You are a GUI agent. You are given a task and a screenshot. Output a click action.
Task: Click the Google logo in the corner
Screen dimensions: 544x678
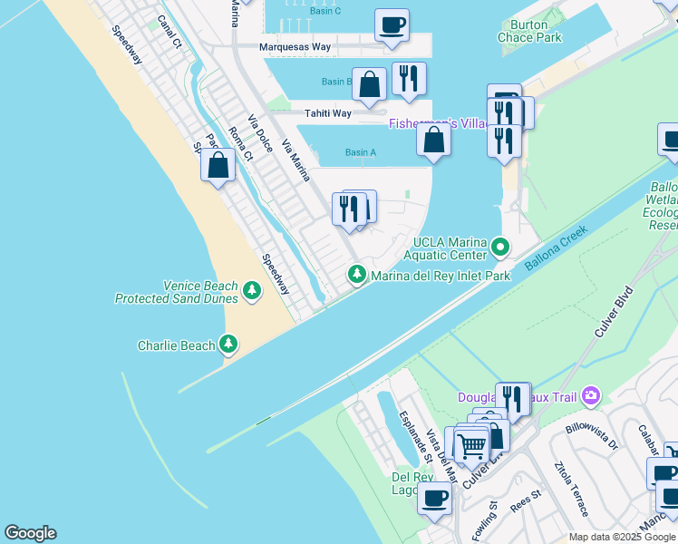pyautogui.click(x=30, y=533)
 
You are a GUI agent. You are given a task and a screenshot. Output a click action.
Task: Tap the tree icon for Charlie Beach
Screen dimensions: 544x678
pyautogui.click(x=229, y=345)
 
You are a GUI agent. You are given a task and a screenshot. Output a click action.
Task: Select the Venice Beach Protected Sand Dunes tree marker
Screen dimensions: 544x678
pyautogui.click(x=251, y=291)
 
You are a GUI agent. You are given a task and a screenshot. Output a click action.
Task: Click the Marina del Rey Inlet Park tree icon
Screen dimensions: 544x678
pyautogui.click(x=358, y=275)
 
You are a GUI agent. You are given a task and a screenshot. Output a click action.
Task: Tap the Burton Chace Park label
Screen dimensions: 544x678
pyautogui.click(x=529, y=31)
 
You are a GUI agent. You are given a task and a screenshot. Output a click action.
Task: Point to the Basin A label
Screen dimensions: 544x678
pyautogui.click(x=360, y=152)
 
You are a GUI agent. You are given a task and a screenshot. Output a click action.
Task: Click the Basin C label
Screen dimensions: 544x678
pyautogui.click(x=324, y=11)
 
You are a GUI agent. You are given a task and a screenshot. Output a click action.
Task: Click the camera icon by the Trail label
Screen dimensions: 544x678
pyautogui.click(x=591, y=395)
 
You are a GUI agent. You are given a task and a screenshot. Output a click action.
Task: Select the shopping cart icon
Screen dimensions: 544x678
pyautogui.click(x=471, y=445)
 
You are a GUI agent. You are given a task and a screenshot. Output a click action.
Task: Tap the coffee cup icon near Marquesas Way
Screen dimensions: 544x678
pyautogui.click(x=392, y=24)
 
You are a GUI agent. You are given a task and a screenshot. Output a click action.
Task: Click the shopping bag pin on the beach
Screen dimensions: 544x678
pyautogui.click(x=218, y=165)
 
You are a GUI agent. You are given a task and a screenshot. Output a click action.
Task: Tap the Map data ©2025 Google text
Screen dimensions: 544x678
pyautogui.click(x=622, y=537)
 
